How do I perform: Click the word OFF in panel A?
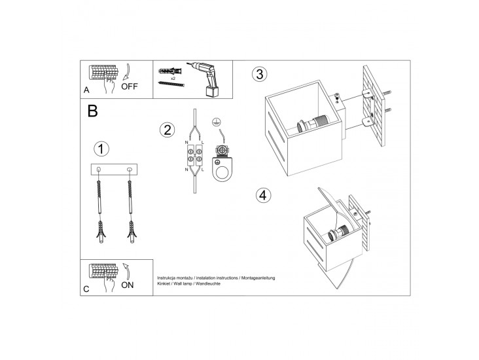point(130,86)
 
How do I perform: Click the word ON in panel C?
point(128,285)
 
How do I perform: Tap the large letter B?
point(92,111)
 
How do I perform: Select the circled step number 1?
point(101,149)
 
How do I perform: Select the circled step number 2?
point(168,130)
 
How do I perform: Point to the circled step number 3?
point(260,74)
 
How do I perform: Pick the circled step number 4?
point(263,195)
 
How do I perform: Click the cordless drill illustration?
point(206,79)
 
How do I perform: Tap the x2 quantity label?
point(173,79)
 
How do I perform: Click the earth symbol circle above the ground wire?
point(215,122)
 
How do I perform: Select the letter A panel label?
point(86,90)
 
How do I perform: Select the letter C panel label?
point(86,289)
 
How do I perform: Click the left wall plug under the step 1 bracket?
point(101,232)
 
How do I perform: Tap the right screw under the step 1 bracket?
point(130,198)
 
